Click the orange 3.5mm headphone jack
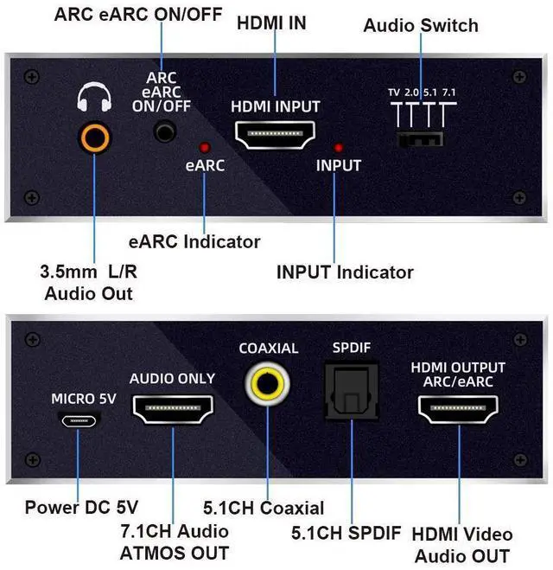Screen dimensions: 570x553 [94, 136]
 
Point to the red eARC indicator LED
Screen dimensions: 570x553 [205, 147]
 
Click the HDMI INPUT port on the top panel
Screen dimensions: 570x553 [276, 134]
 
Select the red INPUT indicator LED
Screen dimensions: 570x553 [339, 148]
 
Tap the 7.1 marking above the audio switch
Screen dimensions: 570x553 [448, 91]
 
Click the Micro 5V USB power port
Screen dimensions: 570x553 [79, 418]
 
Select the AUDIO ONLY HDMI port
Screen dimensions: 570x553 [172, 409]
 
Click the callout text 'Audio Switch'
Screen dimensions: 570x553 [421, 25]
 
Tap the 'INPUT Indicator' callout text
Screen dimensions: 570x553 [345, 272]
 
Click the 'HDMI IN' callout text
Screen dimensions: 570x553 [272, 23]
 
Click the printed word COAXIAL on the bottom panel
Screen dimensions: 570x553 [268, 348]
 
